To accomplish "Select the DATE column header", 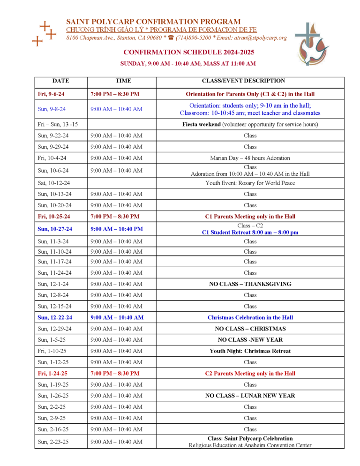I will (x=60, y=81).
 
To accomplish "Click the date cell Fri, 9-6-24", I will (x=51, y=94).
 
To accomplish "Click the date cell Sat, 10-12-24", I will (x=53, y=183).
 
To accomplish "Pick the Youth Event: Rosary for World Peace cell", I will (x=250, y=183).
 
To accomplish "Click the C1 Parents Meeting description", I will (x=250, y=217).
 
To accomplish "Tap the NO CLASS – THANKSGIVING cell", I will (x=250, y=284).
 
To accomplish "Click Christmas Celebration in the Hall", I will (x=250, y=317).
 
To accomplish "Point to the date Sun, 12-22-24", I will (x=55, y=317).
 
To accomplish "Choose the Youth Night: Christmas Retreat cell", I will (x=250, y=351).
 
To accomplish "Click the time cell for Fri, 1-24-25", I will (x=115, y=374).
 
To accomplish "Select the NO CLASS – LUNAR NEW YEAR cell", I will (x=250, y=396).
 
